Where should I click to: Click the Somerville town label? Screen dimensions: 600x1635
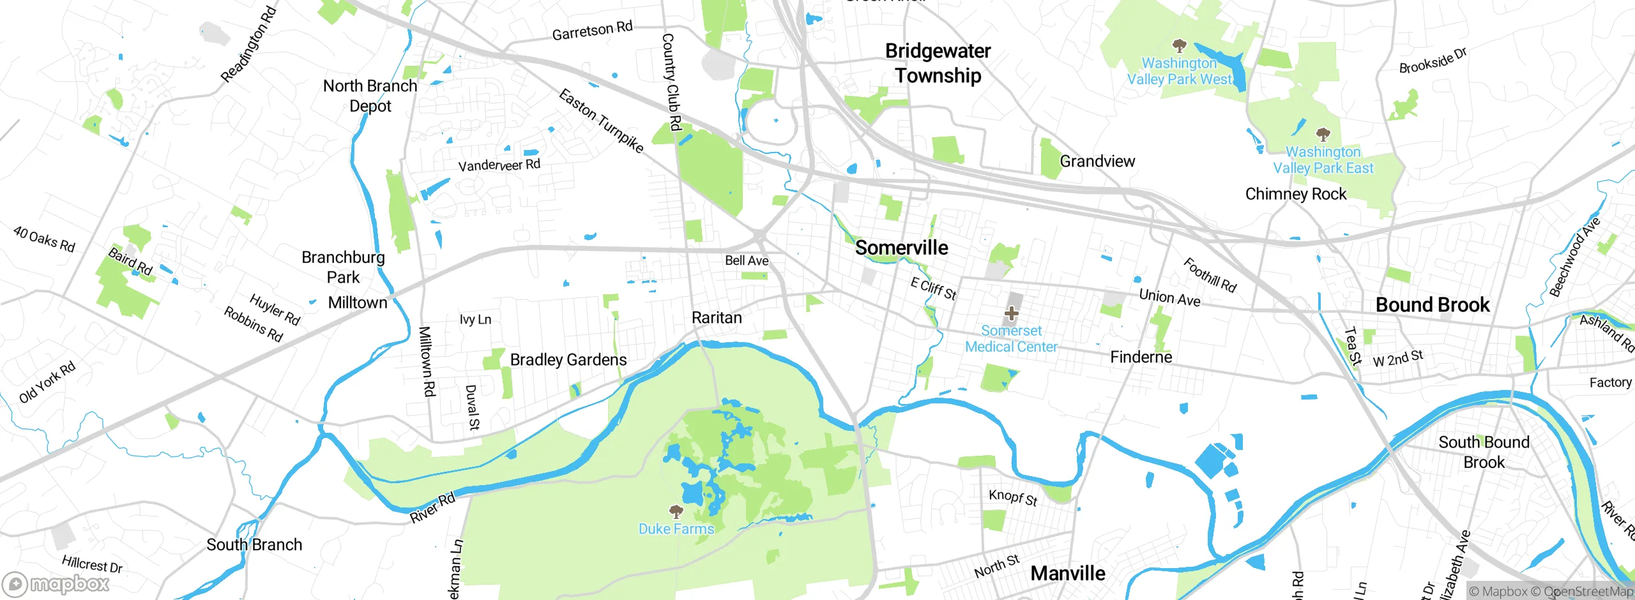[x=901, y=248]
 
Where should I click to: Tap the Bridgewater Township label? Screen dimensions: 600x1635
[x=938, y=63]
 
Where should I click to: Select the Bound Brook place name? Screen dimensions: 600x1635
[x=1432, y=305]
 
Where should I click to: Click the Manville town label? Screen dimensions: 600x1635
[x=1067, y=573]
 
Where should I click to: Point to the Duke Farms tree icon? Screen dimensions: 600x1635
[x=676, y=511]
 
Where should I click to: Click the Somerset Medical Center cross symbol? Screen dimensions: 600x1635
[x=1011, y=313]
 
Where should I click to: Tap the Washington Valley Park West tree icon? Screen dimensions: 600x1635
[x=1179, y=46]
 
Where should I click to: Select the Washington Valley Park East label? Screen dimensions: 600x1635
[x=1323, y=160]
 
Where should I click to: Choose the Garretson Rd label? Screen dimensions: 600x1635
[x=592, y=31]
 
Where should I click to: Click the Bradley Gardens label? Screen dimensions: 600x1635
[x=568, y=360]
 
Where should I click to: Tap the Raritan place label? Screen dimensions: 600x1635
[x=717, y=318]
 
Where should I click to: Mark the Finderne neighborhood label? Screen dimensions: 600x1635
[x=1141, y=357]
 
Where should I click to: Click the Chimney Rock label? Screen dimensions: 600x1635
[x=1295, y=194]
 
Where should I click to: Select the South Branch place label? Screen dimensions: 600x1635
[x=254, y=544]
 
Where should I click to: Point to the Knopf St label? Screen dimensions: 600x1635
[x=1012, y=497]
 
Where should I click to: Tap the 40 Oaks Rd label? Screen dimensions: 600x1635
[x=44, y=239]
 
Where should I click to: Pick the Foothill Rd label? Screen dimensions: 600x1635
[x=1210, y=275]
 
